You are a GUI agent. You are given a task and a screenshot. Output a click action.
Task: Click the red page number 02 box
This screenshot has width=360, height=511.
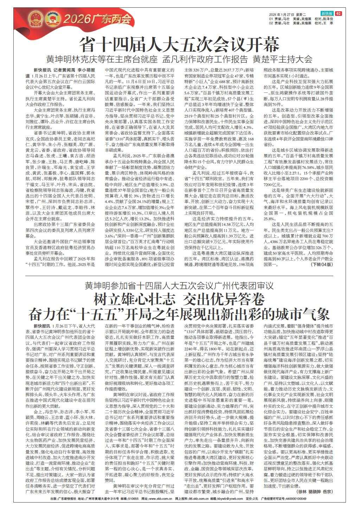pos(339,14)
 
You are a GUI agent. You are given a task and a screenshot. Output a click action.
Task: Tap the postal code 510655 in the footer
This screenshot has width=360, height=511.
pos(133,499)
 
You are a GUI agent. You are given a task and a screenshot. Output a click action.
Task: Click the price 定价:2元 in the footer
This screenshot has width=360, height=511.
pos(252,499)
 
